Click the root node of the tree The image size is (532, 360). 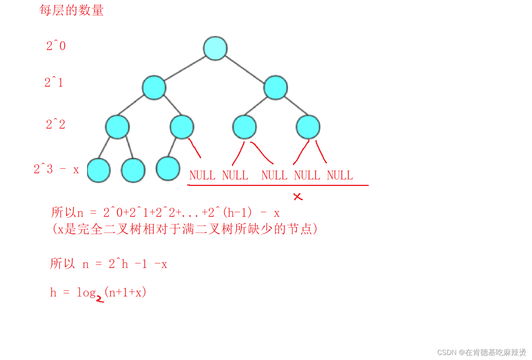pyautogui.click(x=215, y=49)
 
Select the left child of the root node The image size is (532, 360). pyautogui.click(x=154, y=87)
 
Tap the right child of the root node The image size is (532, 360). pyautogui.click(x=275, y=87)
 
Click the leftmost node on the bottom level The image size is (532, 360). pyautogui.click(x=99, y=170)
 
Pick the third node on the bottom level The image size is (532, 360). pyautogui.click(x=168, y=169)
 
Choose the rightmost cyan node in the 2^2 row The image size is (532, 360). pyautogui.click(x=308, y=127)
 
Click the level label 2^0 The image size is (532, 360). pyautogui.click(x=56, y=46)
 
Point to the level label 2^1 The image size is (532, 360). pyautogui.click(x=54, y=82)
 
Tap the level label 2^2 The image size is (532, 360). pyautogui.click(x=55, y=124)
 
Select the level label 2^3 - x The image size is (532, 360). pyautogui.click(x=56, y=169)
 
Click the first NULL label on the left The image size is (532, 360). pyautogui.click(x=202, y=176)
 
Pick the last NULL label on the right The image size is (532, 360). pyautogui.click(x=340, y=176)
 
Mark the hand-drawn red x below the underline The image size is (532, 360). pyautogui.click(x=298, y=197)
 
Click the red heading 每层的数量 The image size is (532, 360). pyautogui.click(x=71, y=10)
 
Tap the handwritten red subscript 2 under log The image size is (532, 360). pyautogui.click(x=100, y=299)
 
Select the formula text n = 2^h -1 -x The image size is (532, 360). pyautogui.click(x=125, y=264)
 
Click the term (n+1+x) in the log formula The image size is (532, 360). pyautogui.click(x=125, y=292)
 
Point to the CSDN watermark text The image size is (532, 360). pyautogui.click(x=482, y=352)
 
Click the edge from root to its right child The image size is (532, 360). pyautogui.click(x=245, y=69)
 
